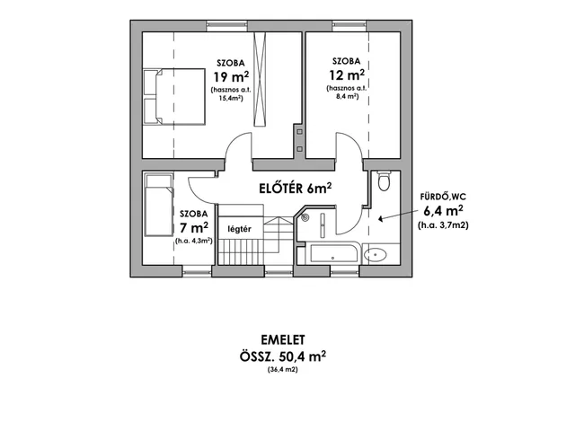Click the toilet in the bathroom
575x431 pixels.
384,180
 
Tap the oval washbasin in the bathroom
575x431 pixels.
376,254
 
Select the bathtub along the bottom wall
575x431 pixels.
333,252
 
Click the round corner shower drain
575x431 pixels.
305,217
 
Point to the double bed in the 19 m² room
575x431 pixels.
173,96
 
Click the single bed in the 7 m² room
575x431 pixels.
159,206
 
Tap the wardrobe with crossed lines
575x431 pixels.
260,79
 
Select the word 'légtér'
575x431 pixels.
240,230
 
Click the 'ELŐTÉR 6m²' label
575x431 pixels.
296,188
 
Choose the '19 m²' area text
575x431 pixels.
232,77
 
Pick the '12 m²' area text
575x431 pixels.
347,75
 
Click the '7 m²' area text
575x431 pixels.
194,227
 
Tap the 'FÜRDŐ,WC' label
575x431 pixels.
443,197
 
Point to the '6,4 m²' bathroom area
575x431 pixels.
443,211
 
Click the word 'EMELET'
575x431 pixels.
283,340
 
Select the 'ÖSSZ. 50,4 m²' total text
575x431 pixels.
283,356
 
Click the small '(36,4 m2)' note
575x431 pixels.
283,369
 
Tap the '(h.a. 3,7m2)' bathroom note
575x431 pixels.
443,225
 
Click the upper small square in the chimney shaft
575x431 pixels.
299,132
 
